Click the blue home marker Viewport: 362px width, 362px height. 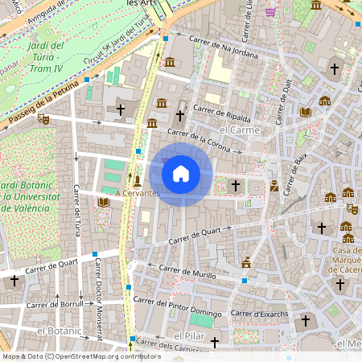coord(181,173)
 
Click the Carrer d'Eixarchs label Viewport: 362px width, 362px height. coord(259,312)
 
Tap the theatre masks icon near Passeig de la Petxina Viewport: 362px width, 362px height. coord(43,119)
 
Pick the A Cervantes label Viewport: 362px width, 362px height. coord(138,193)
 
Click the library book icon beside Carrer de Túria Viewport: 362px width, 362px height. coord(102,202)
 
